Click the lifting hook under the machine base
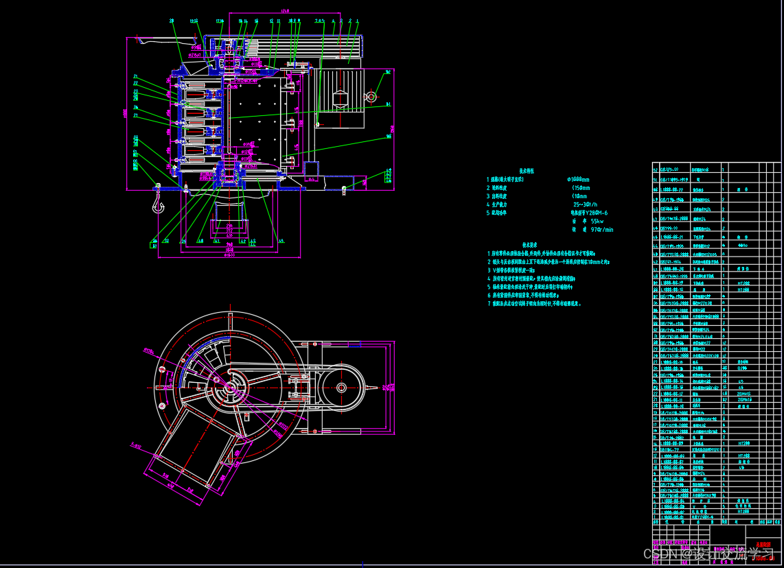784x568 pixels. tap(158, 203)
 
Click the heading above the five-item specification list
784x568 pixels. tap(527, 171)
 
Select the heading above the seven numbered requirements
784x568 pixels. tap(529, 245)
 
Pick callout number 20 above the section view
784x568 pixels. tap(171, 21)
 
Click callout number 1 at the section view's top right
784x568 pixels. tap(358, 21)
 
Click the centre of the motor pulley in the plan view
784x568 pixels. tap(341, 388)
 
